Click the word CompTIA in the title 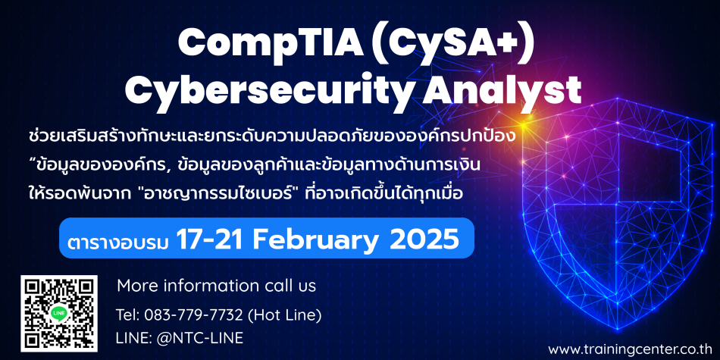[265, 42]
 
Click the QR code [59, 314]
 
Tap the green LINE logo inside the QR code [59, 314]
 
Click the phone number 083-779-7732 [193, 315]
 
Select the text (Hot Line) [284, 315]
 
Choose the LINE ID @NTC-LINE [199, 339]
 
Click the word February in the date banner [315, 239]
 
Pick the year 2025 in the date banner [424, 238]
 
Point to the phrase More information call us [217, 286]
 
